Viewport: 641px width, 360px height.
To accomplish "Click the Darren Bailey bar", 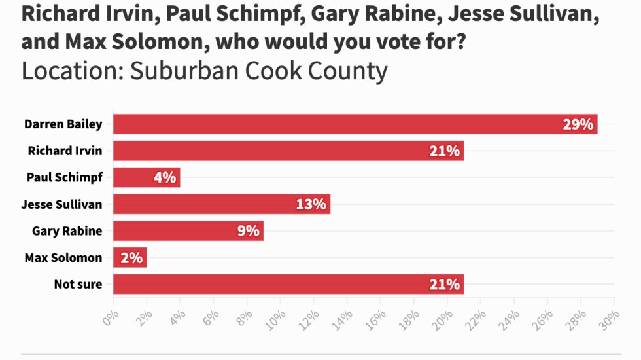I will tap(353, 124).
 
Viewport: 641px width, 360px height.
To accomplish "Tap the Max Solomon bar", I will tap(130, 257).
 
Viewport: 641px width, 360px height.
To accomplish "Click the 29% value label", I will tap(578, 124).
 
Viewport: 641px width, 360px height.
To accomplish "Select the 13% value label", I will tap(311, 204).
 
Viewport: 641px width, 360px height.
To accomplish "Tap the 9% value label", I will tap(248, 230).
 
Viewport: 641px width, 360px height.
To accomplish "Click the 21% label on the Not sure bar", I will tap(445, 284).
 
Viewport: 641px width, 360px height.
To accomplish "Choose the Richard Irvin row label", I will tap(65, 151).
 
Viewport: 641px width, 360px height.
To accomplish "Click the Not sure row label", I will tap(78, 284).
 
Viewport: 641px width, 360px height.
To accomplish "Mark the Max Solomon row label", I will tap(63, 257).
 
